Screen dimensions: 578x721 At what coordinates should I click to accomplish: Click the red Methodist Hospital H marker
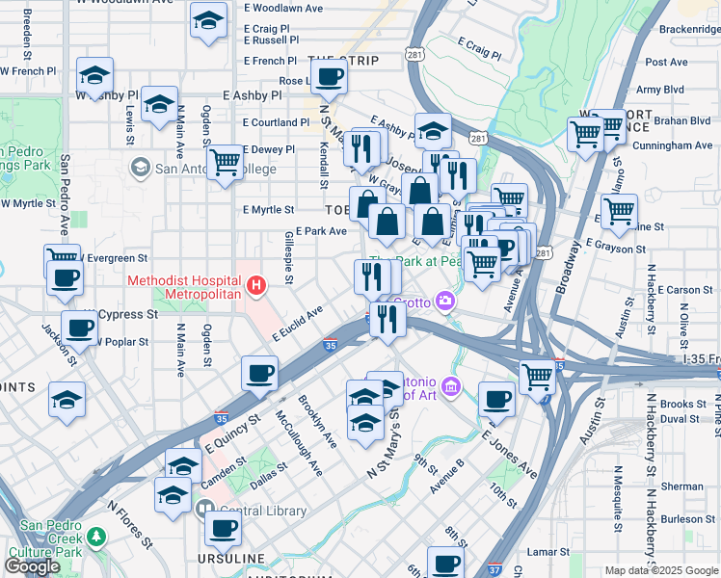(255, 285)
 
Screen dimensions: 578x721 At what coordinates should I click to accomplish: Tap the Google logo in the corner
(33, 566)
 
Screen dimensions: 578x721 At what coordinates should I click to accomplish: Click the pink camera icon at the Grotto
(444, 302)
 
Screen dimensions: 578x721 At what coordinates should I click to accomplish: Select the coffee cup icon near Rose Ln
(328, 77)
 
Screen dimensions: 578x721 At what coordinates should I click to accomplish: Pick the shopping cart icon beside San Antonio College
(225, 161)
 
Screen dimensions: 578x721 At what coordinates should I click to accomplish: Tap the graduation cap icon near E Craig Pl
(207, 21)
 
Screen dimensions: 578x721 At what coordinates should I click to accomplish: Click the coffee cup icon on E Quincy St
(257, 372)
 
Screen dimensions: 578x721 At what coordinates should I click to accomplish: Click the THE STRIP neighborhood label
(342, 61)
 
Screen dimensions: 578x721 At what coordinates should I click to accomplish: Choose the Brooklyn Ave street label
(317, 421)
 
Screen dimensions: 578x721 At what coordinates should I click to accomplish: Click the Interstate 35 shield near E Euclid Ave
(331, 345)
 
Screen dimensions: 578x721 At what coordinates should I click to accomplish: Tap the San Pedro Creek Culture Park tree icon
(95, 535)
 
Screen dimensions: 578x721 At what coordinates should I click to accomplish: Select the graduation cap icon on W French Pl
(94, 74)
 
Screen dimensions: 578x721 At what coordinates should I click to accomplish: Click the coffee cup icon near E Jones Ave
(496, 397)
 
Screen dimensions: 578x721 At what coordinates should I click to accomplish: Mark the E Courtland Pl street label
(276, 122)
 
